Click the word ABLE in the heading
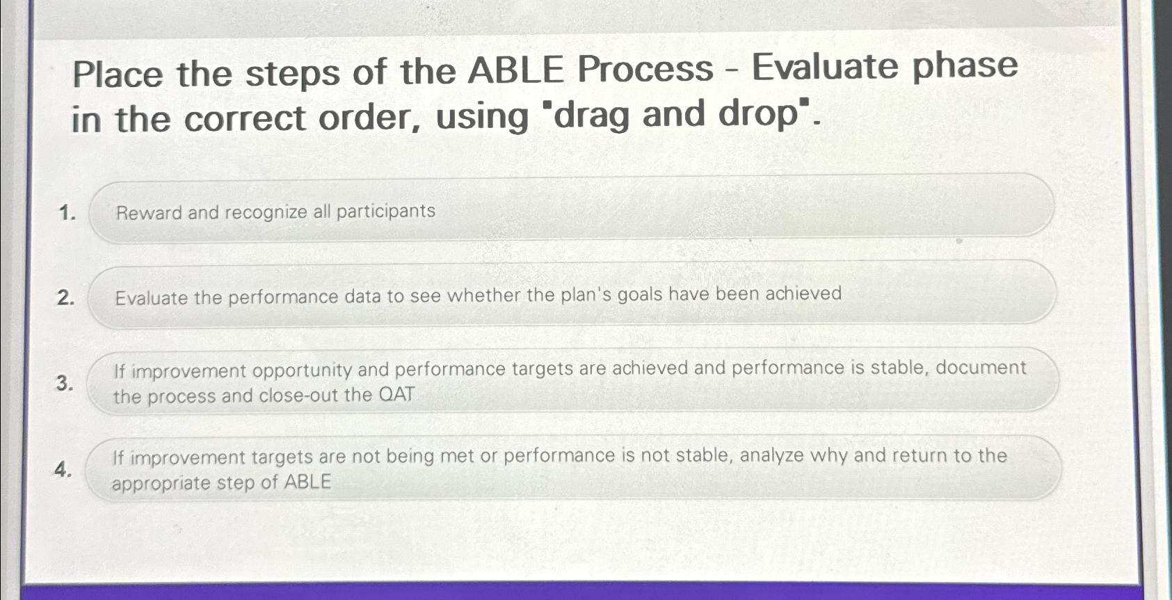coord(515,70)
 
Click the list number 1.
coord(67,213)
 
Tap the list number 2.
coord(65,299)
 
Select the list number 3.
coord(64,384)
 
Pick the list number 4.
coord(63,470)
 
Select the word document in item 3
coord(981,368)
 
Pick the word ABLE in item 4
coord(307,482)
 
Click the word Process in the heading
coord(645,69)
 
